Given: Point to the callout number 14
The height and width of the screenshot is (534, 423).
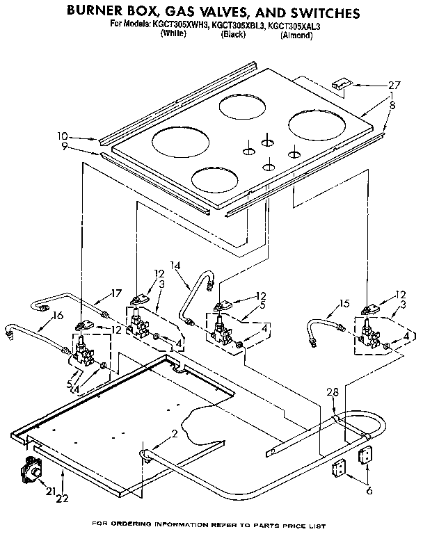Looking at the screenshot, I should point(174,265).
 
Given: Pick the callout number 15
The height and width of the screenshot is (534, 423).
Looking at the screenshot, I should point(344,302).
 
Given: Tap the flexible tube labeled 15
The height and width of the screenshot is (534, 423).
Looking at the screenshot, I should point(323,326).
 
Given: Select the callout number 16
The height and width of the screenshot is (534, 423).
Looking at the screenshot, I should point(57,315).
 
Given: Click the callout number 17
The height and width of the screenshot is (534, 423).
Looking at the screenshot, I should point(116,292).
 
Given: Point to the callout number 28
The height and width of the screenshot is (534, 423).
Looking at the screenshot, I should point(333,392).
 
